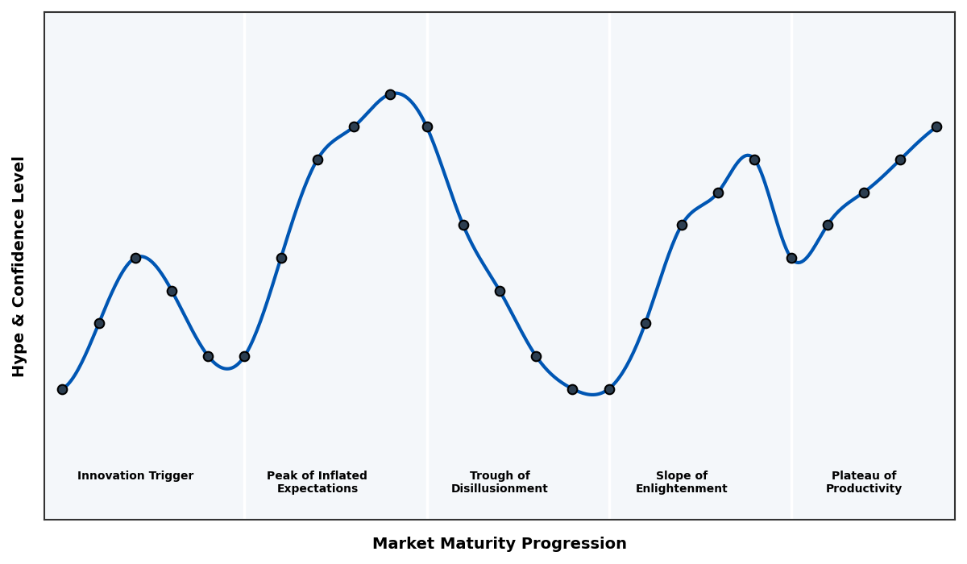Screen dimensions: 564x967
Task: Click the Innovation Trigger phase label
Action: pyautogui.click(x=135, y=476)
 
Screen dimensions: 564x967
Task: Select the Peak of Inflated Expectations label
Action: pyautogui.click(x=317, y=483)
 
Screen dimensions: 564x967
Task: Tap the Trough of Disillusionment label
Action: pyautogui.click(x=499, y=483)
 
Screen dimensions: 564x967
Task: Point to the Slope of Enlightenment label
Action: pyautogui.click(x=681, y=483)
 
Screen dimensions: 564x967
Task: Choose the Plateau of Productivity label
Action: pyautogui.click(x=864, y=483)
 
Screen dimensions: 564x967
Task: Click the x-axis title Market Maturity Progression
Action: pyautogui.click(x=499, y=544)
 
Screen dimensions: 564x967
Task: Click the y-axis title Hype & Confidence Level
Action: pyautogui.click(x=19, y=266)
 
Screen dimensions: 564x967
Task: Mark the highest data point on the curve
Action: pyautogui.click(x=390, y=94)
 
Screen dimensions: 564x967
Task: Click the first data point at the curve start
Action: pyautogui.click(x=62, y=389)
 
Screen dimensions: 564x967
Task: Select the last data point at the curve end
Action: pyautogui.click(x=936, y=126)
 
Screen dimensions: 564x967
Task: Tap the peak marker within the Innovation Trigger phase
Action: pyautogui.click(x=135, y=258)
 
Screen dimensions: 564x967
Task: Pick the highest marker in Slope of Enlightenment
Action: pyautogui.click(x=754, y=160)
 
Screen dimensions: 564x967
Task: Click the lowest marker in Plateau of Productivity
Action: pyautogui.click(x=791, y=258)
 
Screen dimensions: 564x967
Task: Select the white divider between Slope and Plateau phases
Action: pyautogui.click(x=791, y=363)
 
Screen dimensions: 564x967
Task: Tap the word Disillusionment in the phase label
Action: pyautogui.click(x=499, y=489)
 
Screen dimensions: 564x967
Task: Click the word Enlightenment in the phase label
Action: pyautogui.click(x=681, y=489)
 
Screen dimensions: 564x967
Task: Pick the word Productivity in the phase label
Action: pyautogui.click(x=864, y=489)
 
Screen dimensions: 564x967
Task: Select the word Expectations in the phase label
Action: pyautogui.click(x=317, y=489)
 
